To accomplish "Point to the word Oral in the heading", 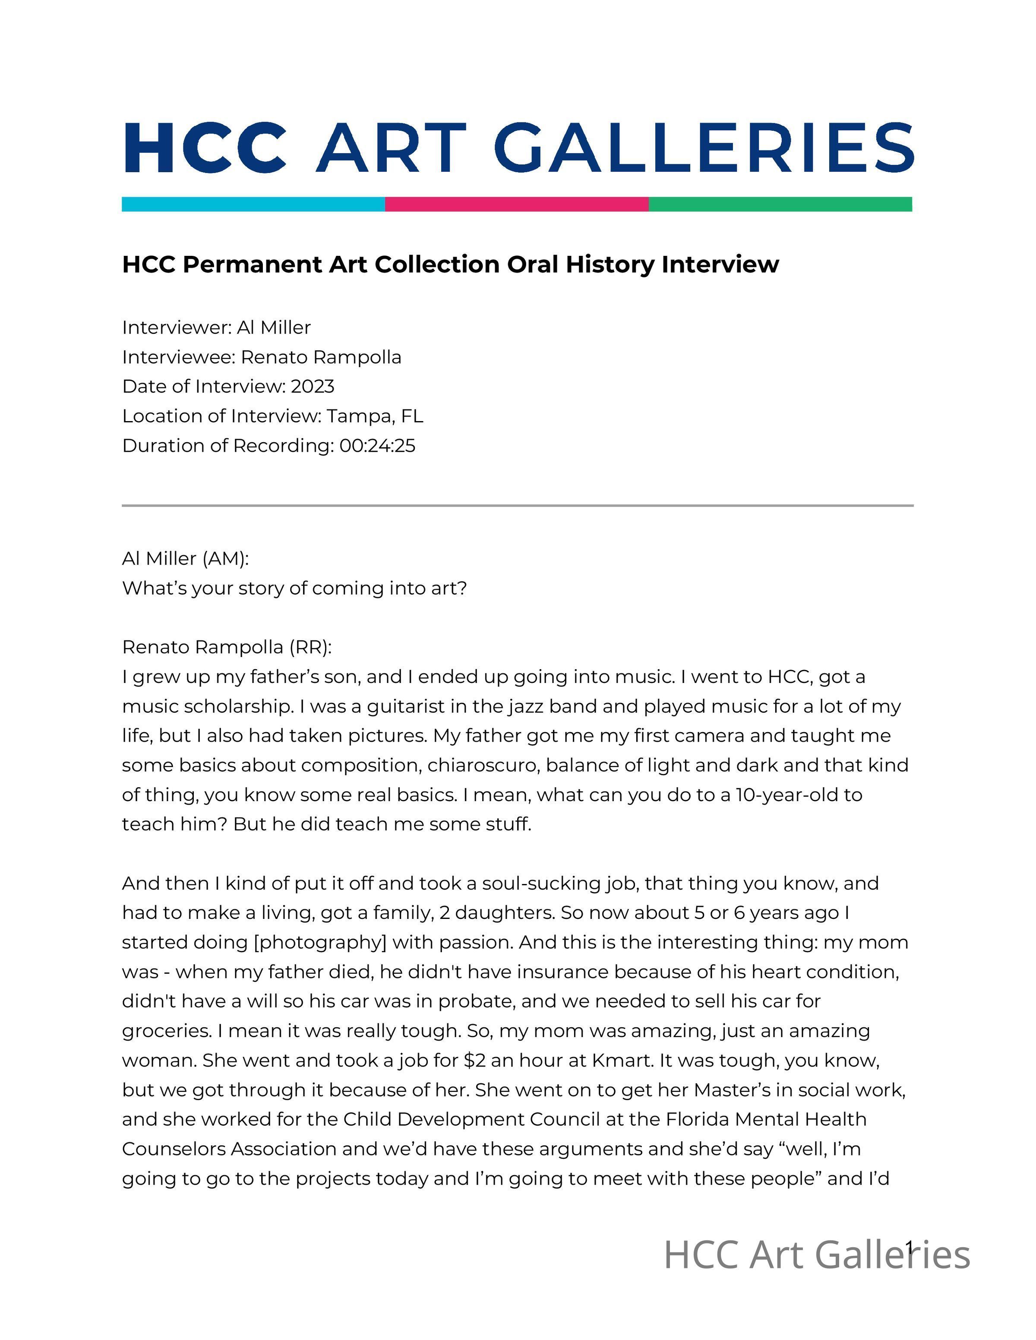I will tap(533, 264).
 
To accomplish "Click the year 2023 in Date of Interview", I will tap(313, 387).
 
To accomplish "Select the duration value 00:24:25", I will tap(377, 445).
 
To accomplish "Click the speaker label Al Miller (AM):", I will tap(185, 558).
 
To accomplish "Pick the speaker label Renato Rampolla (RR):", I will tap(227, 647).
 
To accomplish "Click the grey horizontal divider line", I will tap(518, 506).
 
